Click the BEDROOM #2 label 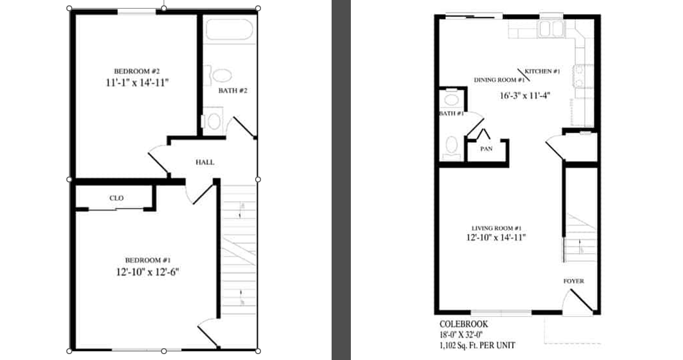click(136, 71)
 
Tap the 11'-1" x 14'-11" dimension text click(137, 82)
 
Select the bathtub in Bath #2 click(229, 29)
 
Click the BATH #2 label click(233, 90)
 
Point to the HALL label click(205, 162)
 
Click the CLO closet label click(117, 198)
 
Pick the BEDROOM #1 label click(148, 261)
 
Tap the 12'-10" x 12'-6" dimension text click(147, 272)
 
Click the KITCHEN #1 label click(542, 71)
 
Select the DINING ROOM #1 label click(499, 80)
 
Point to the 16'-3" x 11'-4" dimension click(525, 96)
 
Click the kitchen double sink click(551, 29)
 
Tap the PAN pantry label click(486, 149)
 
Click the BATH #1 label click(451, 113)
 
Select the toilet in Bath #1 click(451, 148)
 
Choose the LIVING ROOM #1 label click(497, 228)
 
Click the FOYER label click(573, 281)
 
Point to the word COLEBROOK click(464, 324)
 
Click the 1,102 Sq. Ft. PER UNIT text click(478, 346)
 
